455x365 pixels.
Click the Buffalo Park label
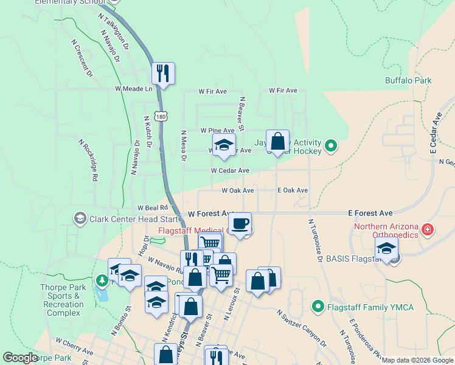coord(408,80)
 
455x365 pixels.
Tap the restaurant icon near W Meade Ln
coord(163,73)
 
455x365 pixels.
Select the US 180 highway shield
coord(160,116)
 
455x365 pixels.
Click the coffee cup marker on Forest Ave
coord(240,223)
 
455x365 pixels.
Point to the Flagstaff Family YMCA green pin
coord(317,307)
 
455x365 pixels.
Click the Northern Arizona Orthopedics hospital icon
coord(428,229)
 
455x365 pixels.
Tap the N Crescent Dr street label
coord(82,58)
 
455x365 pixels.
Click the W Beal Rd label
coord(151,207)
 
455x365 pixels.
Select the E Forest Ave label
coord(370,213)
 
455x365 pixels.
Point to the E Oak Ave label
coord(293,190)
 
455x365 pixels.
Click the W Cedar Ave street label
coord(231,171)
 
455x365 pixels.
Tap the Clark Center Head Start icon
coord(80,218)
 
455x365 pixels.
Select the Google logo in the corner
coord(20,358)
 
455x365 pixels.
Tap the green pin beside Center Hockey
coord(331,145)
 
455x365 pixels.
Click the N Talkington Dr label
coord(114,31)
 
